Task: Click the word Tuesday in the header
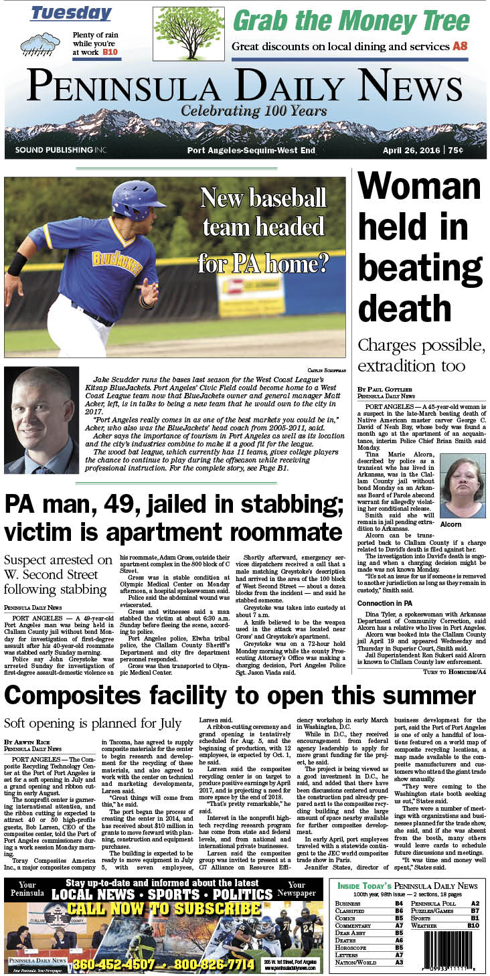pos(71,13)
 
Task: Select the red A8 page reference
pos(461,46)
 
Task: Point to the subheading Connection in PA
pos(384,584)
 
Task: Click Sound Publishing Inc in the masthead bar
pos(60,151)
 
